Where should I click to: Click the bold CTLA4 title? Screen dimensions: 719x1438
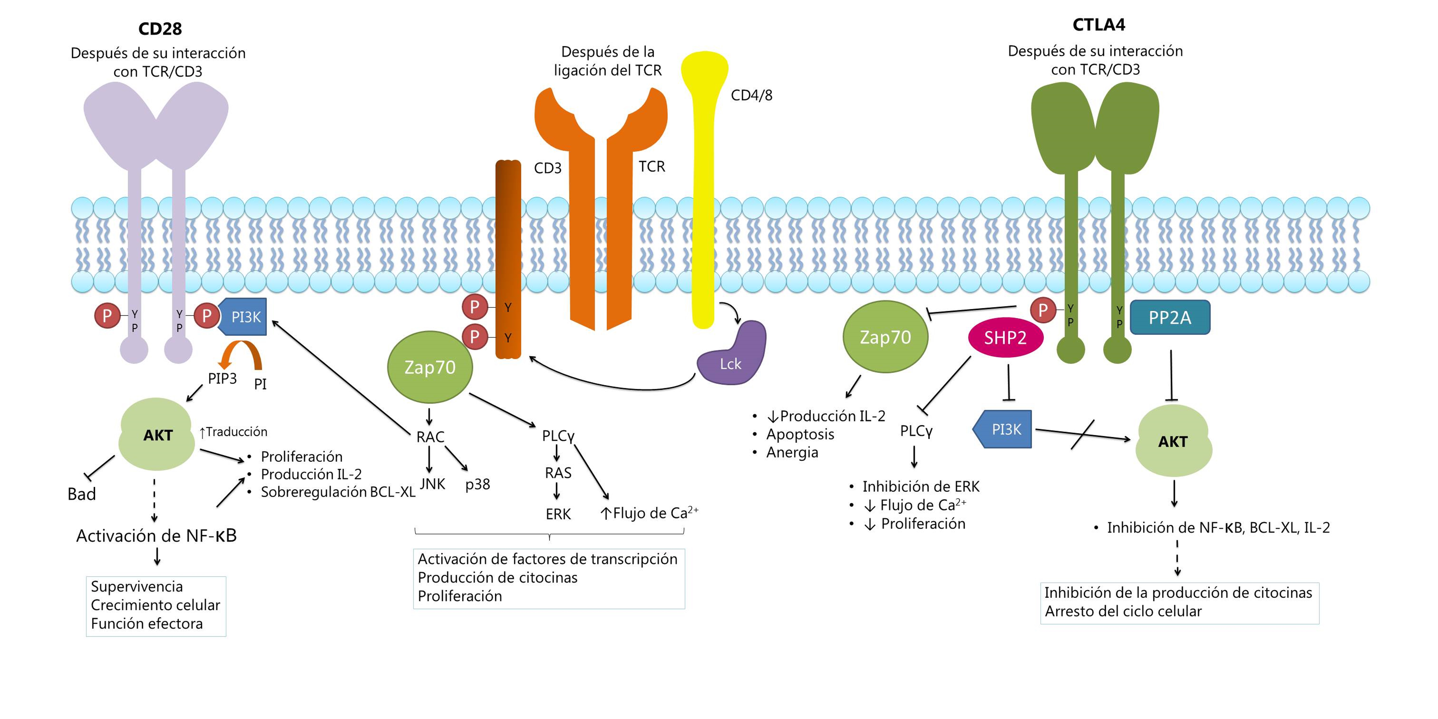(x=1099, y=25)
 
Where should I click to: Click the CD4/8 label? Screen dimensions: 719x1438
(x=751, y=95)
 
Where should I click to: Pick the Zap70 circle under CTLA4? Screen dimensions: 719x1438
(x=885, y=337)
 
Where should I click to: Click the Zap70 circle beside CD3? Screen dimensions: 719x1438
(x=430, y=367)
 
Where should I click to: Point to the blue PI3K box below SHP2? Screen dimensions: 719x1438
(x=1003, y=429)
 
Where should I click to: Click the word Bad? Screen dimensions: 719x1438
(x=82, y=494)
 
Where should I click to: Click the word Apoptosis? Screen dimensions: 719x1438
(x=800, y=434)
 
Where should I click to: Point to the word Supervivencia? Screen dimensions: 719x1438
(x=137, y=587)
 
